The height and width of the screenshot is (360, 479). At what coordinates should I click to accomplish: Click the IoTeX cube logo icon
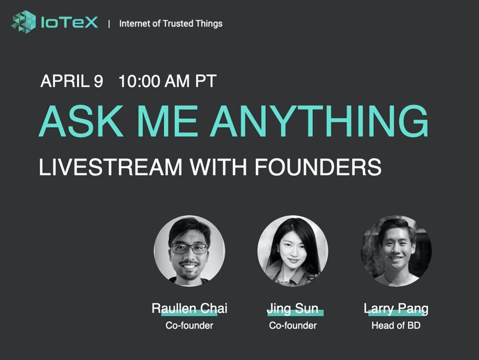point(23,22)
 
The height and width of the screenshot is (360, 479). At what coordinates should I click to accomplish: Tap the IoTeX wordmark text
point(69,23)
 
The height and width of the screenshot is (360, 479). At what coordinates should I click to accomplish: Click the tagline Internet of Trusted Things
point(171,23)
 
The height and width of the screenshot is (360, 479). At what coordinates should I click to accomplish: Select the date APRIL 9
point(72,81)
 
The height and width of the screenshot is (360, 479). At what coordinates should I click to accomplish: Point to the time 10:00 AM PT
point(167,81)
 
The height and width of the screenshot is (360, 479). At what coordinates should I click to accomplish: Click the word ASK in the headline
point(81,121)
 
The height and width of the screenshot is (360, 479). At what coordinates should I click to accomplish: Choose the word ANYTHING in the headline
point(319,121)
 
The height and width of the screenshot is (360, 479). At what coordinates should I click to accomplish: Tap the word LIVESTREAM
point(111,167)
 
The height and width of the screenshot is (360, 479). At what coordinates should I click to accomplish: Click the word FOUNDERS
point(318,167)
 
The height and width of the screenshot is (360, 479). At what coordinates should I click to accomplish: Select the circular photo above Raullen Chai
point(189,251)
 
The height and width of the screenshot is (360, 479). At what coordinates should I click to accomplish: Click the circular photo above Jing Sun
point(293,251)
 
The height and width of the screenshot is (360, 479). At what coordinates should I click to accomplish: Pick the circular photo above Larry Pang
point(396,251)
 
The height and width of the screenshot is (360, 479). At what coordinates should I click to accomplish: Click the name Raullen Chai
point(189,308)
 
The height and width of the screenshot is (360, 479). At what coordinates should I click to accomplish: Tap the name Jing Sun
point(293,309)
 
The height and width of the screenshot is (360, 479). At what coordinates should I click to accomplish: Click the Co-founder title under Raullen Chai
point(189,325)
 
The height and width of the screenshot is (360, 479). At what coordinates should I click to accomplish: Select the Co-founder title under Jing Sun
point(293,325)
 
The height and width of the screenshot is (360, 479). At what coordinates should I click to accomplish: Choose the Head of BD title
point(396,325)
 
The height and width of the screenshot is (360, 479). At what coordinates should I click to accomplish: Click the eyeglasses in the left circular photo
point(189,248)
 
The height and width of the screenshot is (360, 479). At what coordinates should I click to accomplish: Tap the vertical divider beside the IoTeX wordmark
point(109,24)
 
